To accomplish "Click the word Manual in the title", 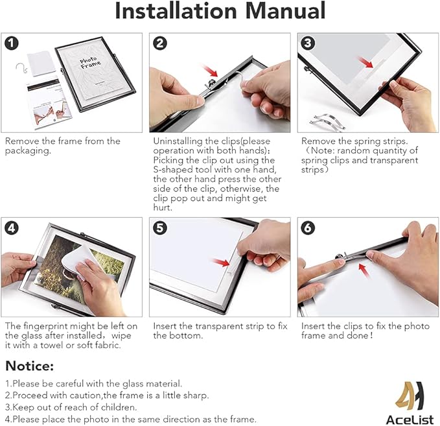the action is click(285, 11).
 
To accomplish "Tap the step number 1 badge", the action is click(12, 43).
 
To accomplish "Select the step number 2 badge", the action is click(160, 43).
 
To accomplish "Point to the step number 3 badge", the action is click(308, 43).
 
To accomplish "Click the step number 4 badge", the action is click(12, 228).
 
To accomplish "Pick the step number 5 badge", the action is click(160, 228).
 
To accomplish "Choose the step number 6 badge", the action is click(308, 228).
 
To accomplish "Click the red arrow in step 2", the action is click(210, 71).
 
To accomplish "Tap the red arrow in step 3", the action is click(366, 62).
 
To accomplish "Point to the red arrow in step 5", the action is click(222, 263).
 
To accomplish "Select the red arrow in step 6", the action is click(365, 271).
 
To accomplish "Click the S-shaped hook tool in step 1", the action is click(21, 68).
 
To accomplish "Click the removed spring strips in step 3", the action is click(327, 121).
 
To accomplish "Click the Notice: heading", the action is click(29, 366).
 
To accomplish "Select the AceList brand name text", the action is click(410, 420).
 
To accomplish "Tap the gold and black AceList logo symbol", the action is click(410, 396).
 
